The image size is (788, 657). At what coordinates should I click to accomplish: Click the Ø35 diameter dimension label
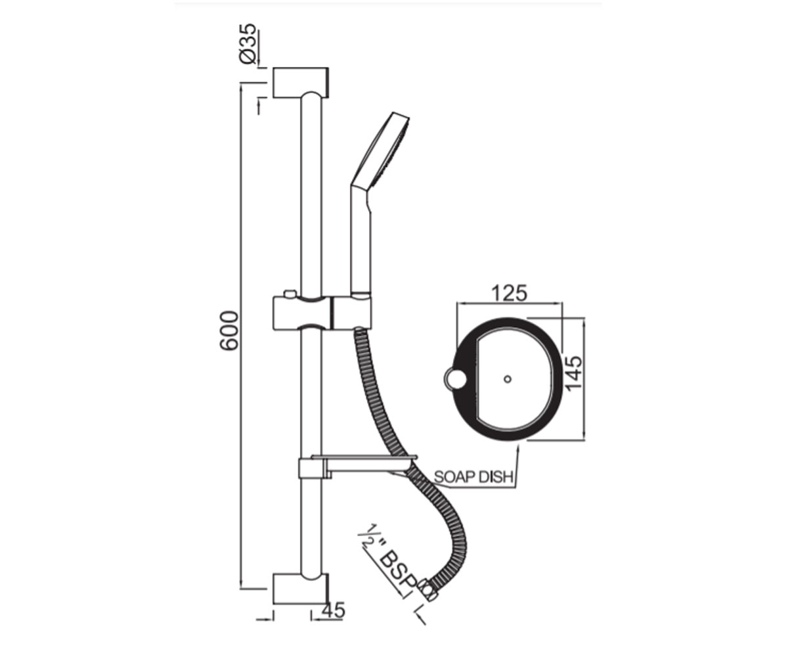(248, 44)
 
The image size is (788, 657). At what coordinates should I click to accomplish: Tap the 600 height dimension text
(229, 330)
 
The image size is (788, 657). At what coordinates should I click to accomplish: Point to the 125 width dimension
(509, 293)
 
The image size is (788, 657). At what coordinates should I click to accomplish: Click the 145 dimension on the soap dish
(575, 373)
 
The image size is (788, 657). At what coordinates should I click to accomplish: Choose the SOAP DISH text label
(474, 477)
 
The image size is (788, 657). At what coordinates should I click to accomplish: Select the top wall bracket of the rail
(301, 83)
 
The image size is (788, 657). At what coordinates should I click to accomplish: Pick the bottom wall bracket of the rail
(301, 589)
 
